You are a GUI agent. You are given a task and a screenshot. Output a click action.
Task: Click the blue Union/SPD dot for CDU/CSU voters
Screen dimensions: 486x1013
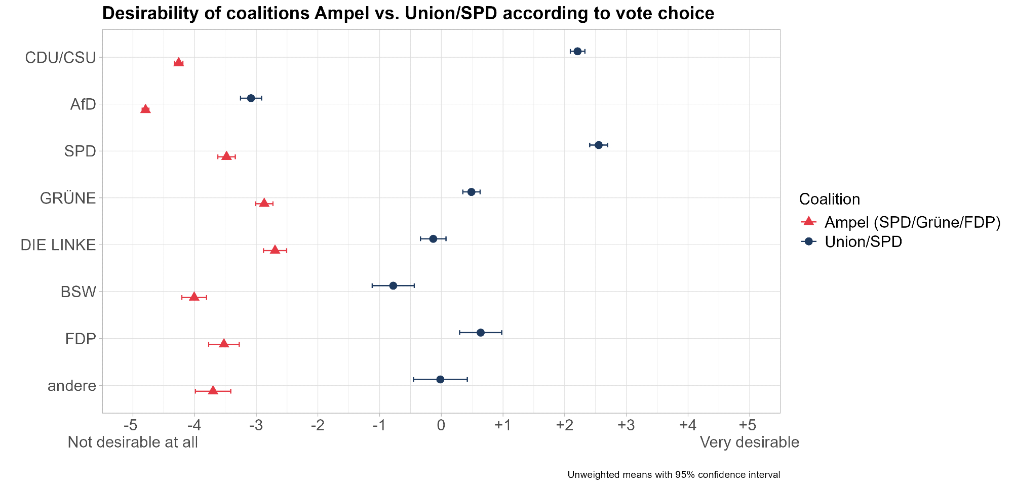coord(577,51)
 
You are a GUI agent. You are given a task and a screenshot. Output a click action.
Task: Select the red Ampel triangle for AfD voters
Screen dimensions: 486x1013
coord(145,109)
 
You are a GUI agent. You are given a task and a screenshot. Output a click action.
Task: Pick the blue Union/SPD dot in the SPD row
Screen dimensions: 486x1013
coord(598,145)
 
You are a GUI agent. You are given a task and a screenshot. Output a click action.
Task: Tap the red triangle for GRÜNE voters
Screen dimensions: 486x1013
coord(264,203)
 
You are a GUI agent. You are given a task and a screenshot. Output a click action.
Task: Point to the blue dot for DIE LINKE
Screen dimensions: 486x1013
coord(433,238)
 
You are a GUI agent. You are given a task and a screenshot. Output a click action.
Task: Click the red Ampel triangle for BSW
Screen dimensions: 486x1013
coord(194,297)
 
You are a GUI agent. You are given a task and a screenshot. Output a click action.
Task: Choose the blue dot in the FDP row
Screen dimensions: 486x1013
coord(480,333)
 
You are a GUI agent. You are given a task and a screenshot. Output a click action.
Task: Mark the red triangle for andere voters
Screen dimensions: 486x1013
coord(213,390)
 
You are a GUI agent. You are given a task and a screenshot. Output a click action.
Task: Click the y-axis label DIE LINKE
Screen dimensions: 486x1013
coord(58,245)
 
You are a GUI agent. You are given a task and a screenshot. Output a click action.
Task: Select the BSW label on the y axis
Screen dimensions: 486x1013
coord(78,292)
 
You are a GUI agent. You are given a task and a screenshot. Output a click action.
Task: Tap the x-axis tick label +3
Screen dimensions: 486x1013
coord(626,424)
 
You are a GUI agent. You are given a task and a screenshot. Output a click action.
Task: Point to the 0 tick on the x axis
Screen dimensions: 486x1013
coord(441,424)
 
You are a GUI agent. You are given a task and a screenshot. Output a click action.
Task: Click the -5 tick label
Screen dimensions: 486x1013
coord(132,424)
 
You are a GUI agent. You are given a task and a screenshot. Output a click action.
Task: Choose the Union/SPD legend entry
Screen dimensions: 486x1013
coord(863,242)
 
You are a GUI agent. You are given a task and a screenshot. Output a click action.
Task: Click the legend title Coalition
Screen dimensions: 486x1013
coord(829,199)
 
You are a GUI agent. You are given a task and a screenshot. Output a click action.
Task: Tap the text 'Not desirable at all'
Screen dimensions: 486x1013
coord(133,442)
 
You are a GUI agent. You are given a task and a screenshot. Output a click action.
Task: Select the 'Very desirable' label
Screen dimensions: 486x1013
coord(749,442)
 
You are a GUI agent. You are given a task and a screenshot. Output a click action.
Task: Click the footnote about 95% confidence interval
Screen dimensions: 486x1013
coord(674,475)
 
